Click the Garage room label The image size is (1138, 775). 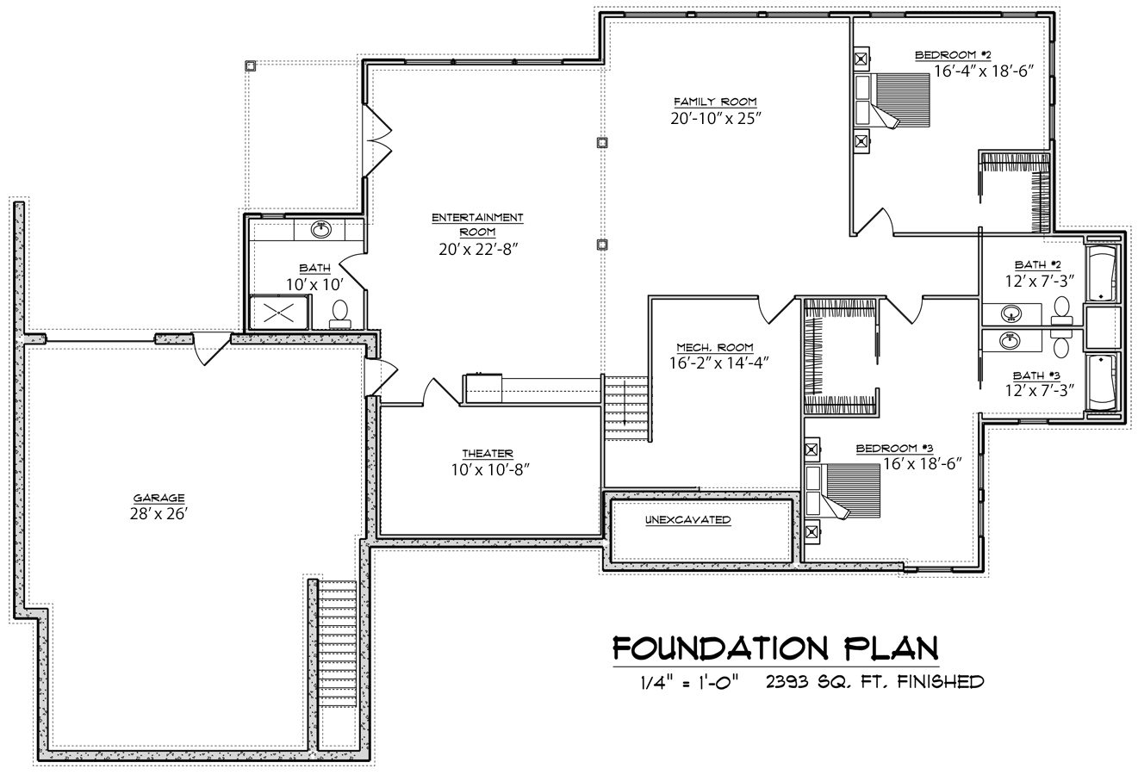pos(159,498)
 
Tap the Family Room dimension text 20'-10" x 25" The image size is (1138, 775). pos(716,118)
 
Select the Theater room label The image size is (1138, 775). pos(488,454)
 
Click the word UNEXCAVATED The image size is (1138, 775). pos(687,519)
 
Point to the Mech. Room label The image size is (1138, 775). pos(715,347)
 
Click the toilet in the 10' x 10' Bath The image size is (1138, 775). pos(340,314)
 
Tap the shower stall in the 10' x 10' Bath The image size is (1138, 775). pos(279,313)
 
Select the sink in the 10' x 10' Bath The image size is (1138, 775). pos(321,230)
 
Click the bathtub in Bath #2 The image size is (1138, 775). pos(1103,274)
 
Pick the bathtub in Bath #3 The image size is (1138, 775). pos(1103,382)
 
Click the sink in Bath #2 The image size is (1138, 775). pos(1011,313)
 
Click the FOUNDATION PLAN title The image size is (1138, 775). pos(775,648)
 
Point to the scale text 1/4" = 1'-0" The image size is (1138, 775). pos(689,682)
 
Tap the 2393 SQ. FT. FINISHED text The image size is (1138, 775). pos(875,681)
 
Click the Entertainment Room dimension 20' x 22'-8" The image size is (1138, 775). pos(478,250)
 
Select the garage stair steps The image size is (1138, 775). pos(338,666)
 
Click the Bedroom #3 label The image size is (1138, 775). pos(895,449)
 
